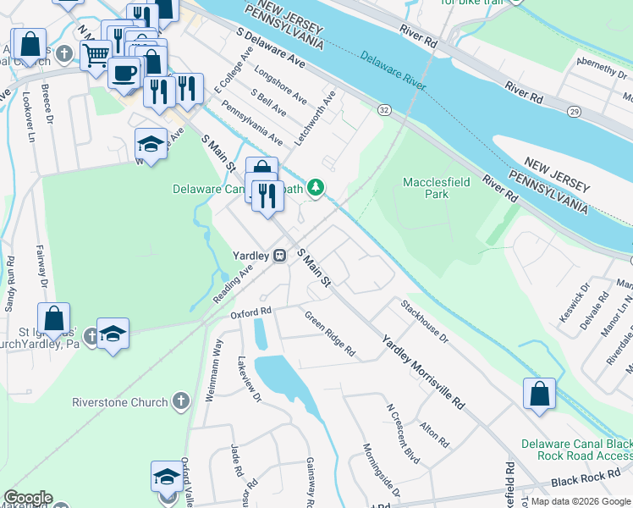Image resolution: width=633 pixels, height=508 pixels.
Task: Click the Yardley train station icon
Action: [279, 255]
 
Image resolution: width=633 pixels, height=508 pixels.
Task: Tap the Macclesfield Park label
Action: [424, 187]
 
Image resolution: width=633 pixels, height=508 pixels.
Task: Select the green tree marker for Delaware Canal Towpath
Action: [316, 188]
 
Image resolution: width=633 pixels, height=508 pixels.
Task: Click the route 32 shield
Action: [384, 110]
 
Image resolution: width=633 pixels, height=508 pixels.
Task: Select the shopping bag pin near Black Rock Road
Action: [539, 394]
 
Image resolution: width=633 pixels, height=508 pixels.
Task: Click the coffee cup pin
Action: [124, 72]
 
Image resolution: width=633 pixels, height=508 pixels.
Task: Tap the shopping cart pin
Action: [96, 56]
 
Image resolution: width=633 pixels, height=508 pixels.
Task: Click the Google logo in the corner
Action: [28, 498]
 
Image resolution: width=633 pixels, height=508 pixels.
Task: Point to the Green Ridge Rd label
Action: [330, 333]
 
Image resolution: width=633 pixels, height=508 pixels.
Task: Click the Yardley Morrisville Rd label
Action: [422, 372]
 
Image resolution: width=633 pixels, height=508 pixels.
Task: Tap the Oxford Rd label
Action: [250, 312]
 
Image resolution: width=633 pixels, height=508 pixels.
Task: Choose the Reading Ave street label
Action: [233, 280]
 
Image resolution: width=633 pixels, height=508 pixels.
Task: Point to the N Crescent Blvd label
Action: [403, 432]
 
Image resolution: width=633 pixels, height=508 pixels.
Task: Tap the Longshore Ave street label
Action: [280, 86]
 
